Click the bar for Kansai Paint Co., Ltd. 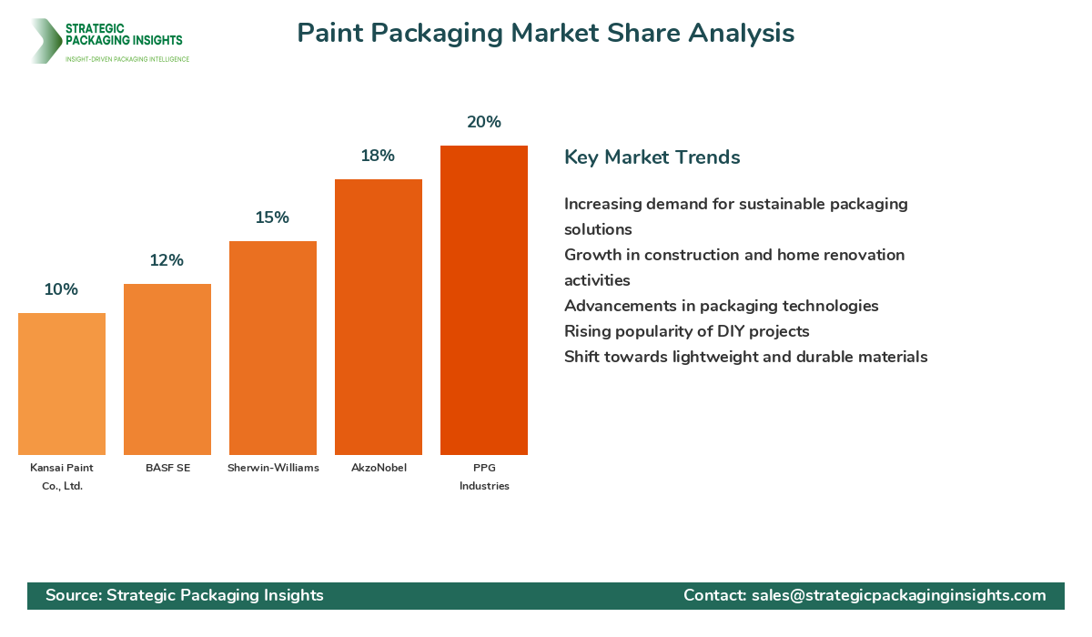tap(62, 384)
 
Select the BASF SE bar tap(167, 369)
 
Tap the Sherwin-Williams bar tap(273, 348)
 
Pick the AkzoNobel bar tap(379, 318)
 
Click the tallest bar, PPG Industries tap(484, 300)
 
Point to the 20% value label tap(484, 122)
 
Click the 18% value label tap(378, 156)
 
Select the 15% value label tap(272, 217)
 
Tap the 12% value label tap(167, 260)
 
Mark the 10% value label tap(62, 289)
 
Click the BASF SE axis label tap(168, 468)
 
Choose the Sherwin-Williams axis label tap(274, 468)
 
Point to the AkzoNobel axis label tap(379, 468)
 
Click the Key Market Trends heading tap(652, 157)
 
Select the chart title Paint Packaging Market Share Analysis tap(546, 33)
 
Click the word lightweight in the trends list tap(715, 358)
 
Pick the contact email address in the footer tap(899, 595)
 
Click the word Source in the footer tap(74, 595)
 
